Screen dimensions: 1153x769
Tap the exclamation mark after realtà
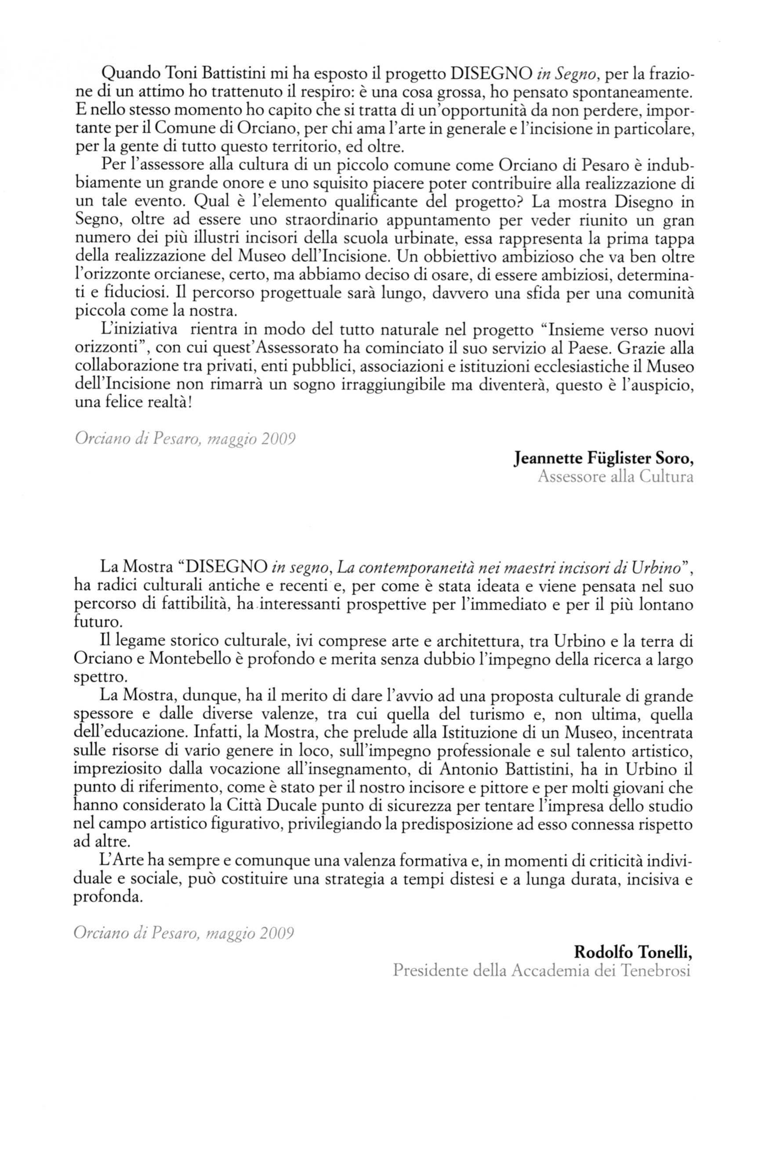pyautogui.click(x=190, y=403)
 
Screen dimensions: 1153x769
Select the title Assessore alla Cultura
pyautogui.click(x=615, y=477)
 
